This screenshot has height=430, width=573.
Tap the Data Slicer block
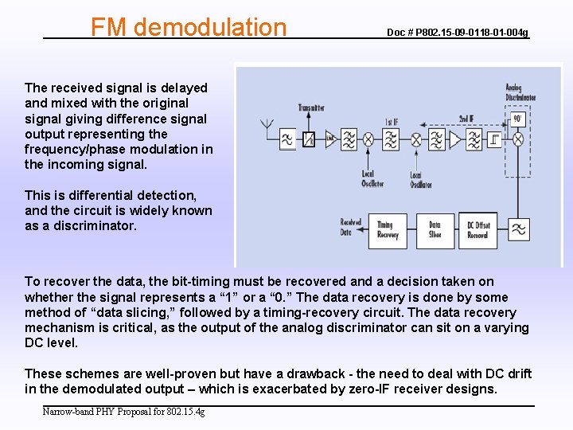pos(435,230)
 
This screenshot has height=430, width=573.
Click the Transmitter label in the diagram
pos(310,107)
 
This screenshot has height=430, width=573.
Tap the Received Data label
pos(351,228)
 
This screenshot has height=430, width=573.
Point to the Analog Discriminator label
pos(520,93)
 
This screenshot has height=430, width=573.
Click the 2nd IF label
pos(467,118)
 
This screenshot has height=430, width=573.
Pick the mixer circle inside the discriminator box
pos(518,139)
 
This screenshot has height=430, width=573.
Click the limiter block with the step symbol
pos(495,139)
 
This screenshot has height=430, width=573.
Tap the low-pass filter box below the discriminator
pos(518,230)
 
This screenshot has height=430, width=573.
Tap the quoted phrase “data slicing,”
pos(123,312)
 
